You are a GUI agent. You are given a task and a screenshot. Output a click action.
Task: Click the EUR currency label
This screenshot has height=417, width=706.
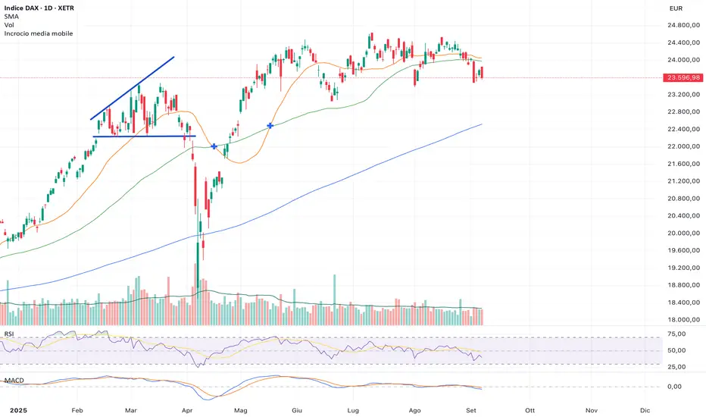click(676, 8)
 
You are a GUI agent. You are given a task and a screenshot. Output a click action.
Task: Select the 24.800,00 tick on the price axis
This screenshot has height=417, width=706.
click(683, 25)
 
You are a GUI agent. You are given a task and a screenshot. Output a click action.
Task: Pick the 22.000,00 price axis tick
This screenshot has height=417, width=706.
click(683, 146)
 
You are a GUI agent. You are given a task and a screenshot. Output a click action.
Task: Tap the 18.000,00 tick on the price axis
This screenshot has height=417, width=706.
click(683, 320)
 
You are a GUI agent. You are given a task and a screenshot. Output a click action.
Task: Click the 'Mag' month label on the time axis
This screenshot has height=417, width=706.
click(242, 409)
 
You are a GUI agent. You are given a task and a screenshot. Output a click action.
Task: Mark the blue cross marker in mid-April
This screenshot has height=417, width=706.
click(214, 146)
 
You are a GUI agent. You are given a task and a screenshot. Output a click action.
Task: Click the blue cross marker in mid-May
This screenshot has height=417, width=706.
click(270, 124)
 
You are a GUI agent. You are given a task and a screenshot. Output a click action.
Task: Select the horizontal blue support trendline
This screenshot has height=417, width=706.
click(144, 136)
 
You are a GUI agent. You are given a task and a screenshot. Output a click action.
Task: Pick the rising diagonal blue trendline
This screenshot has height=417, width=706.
click(133, 88)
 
